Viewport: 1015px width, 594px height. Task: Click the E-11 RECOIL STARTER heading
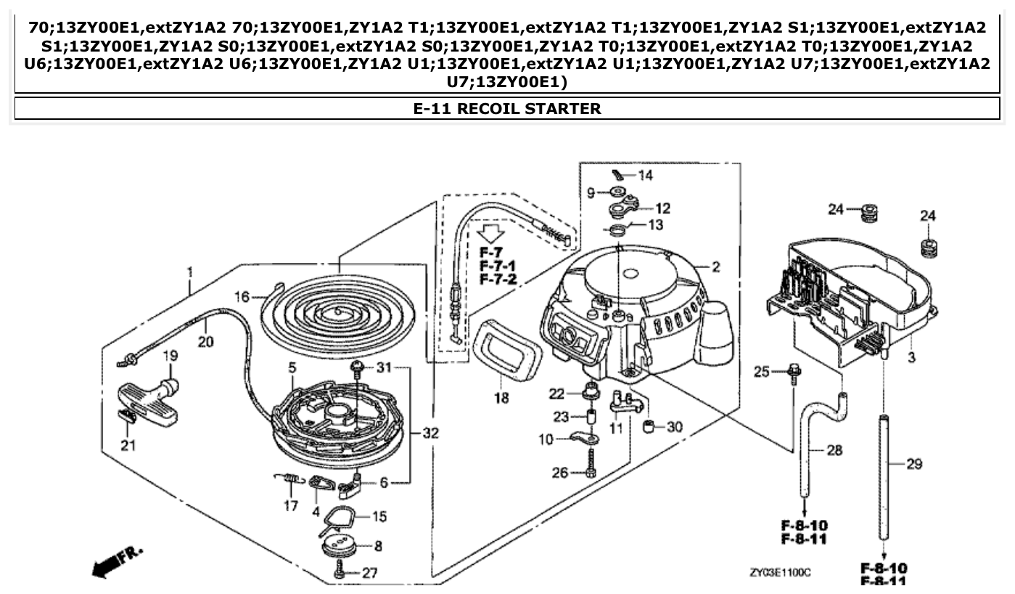click(507, 109)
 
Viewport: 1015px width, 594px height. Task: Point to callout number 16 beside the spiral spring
click(242, 296)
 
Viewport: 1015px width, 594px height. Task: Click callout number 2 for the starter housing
click(715, 267)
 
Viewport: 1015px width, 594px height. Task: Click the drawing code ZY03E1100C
click(780, 573)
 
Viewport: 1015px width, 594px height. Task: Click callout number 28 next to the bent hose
click(834, 451)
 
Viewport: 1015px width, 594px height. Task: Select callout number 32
click(430, 434)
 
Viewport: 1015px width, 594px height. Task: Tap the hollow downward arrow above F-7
click(492, 232)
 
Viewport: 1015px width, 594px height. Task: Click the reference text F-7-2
click(498, 280)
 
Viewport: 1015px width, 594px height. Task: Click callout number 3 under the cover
click(912, 357)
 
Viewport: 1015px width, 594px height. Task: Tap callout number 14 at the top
click(645, 175)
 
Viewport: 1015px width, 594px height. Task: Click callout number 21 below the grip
click(128, 445)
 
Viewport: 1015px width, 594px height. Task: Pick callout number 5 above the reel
click(292, 368)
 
